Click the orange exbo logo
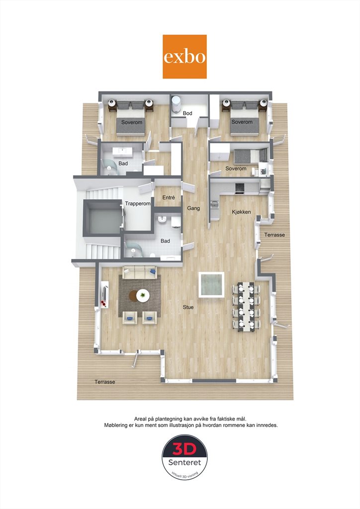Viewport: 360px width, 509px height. (184, 57)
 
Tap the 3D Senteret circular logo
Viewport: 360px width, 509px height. (184, 457)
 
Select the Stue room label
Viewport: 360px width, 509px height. (188, 307)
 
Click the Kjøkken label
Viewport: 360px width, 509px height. (241, 212)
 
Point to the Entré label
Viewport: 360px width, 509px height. (169, 197)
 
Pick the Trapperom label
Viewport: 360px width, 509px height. (138, 203)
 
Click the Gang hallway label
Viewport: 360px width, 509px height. (193, 208)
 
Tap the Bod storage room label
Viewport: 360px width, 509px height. (187, 113)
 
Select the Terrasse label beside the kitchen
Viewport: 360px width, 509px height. (274, 235)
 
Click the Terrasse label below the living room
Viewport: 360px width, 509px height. (105, 382)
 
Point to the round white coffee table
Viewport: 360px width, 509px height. (143, 295)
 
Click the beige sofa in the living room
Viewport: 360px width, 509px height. (140, 272)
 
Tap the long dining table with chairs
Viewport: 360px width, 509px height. (246, 307)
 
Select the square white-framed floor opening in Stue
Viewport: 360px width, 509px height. (212, 285)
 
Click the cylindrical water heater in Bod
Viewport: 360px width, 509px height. (176, 104)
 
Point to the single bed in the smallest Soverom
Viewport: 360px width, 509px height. (251, 156)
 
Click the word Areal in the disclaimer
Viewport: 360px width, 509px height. (141, 419)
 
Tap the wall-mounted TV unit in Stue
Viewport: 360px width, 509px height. (105, 294)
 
